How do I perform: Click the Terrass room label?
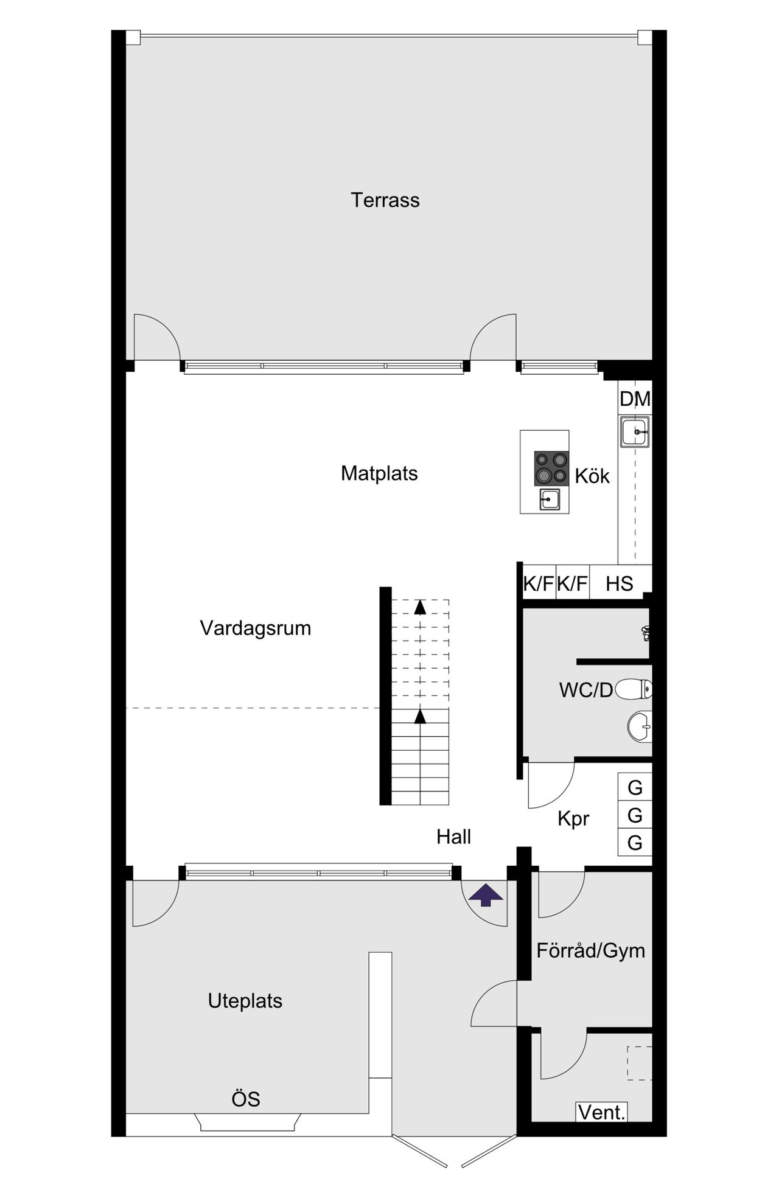click(385, 200)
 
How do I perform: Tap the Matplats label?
click(379, 473)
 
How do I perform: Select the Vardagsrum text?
click(255, 628)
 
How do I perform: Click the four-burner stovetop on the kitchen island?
click(551, 468)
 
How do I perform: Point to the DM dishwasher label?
click(635, 399)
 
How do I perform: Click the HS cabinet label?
click(620, 584)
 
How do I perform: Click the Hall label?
click(453, 837)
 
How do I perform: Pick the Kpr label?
click(573, 819)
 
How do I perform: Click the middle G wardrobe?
click(635, 815)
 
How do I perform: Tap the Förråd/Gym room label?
click(590, 950)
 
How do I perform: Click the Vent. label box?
click(601, 1113)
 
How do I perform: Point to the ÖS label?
click(246, 1099)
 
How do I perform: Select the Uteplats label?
click(245, 1001)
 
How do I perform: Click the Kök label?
click(592, 476)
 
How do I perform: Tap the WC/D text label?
click(585, 690)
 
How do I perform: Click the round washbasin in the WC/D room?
click(640, 726)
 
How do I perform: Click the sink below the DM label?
click(635, 432)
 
